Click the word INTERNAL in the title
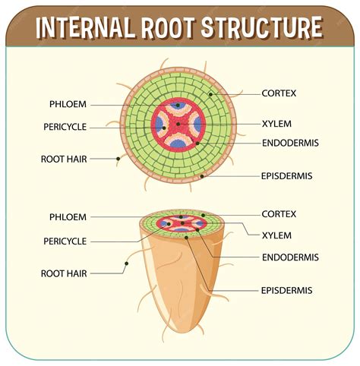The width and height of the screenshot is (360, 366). [86, 28]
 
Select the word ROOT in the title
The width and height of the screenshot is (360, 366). [169, 28]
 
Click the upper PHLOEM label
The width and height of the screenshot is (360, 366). [68, 104]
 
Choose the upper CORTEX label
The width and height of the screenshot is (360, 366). [279, 93]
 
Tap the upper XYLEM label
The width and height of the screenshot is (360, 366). [276, 123]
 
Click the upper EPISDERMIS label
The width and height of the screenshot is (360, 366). [286, 175]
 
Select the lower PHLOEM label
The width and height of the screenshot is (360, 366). [68, 216]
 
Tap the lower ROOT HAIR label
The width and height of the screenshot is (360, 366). [64, 271]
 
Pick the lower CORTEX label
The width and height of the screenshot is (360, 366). [279, 214]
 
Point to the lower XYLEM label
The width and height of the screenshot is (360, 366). [276, 235]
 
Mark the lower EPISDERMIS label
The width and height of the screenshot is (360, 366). [286, 290]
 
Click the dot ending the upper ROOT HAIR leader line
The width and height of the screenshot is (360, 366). [118, 159]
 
